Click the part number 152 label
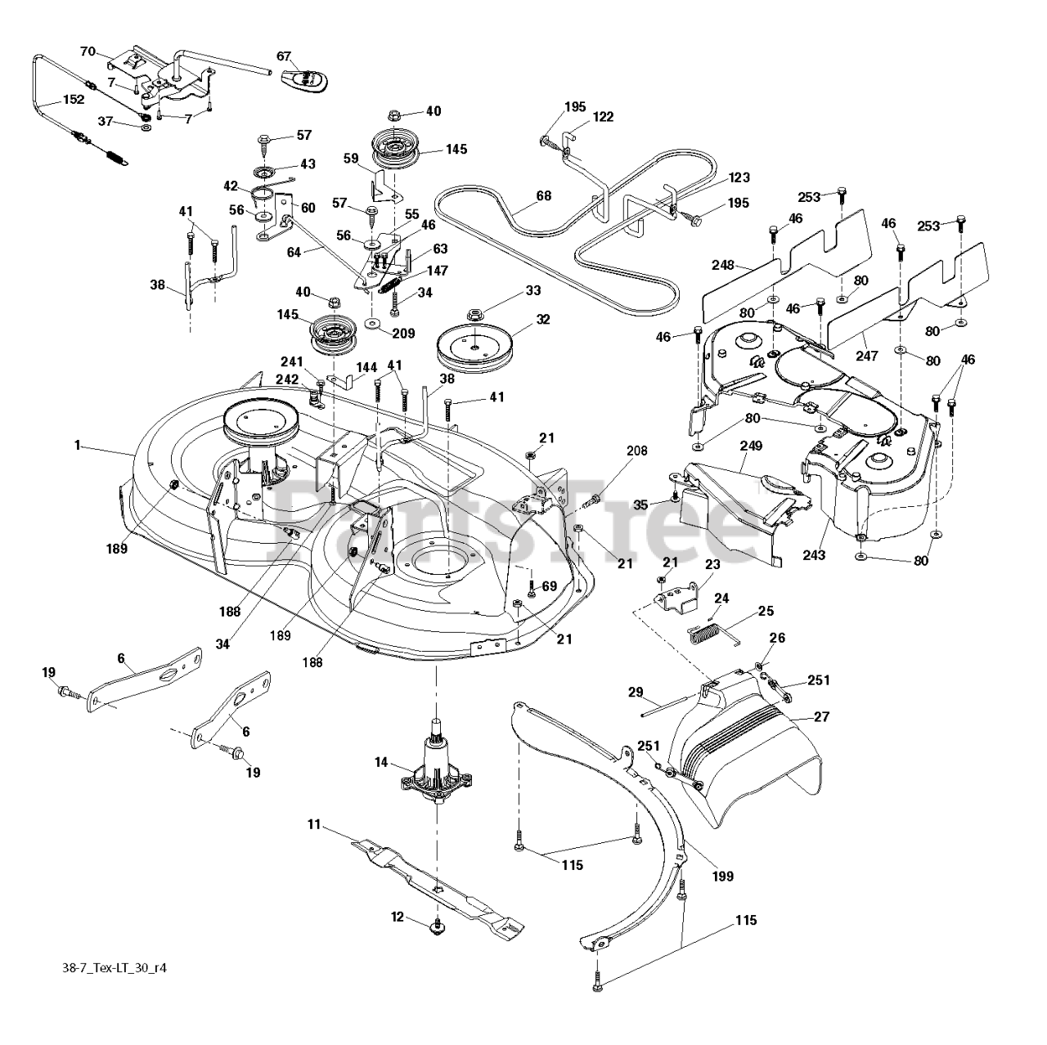[74, 100]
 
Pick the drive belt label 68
[543, 195]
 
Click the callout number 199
[722, 876]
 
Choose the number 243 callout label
[814, 555]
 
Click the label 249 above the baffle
[751, 446]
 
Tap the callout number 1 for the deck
[78, 445]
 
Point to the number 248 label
[723, 266]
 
